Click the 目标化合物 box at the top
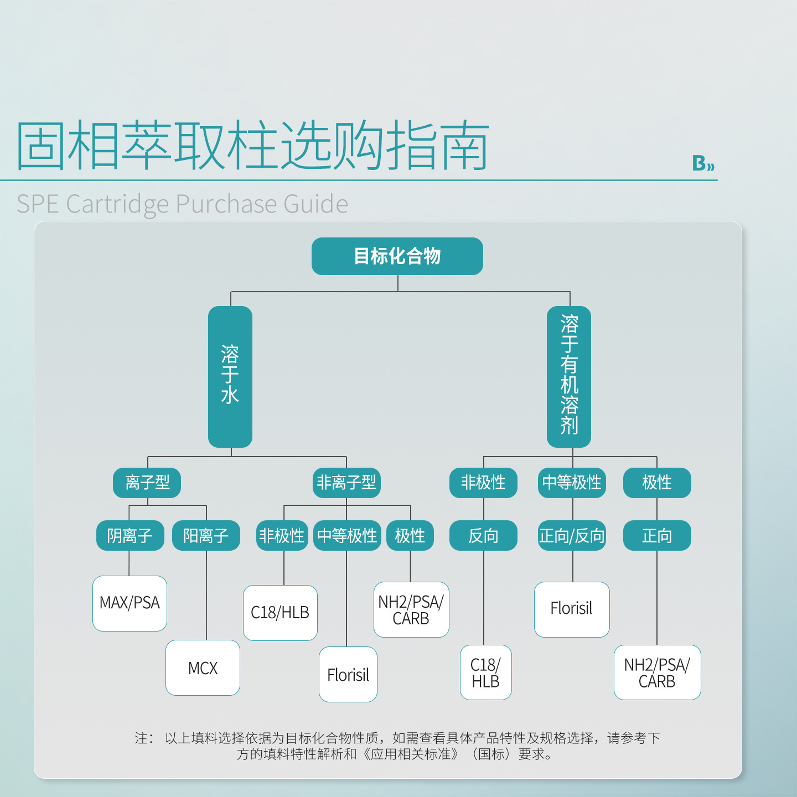click(x=397, y=256)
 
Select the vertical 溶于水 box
click(x=230, y=376)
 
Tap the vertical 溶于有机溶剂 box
click(x=569, y=376)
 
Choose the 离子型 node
click(x=147, y=483)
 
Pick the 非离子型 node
click(x=346, y=483)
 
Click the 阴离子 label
click(x=130, y=536)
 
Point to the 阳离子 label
click(x=206, y=536)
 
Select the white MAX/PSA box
click(x=130, y=603)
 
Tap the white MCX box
click(x=203, y=668)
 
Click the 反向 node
click(x=483, y=536)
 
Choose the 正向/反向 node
click(x=572, y=536)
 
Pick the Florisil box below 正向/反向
click(x=572, y=609)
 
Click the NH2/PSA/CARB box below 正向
click(x=657, y=672)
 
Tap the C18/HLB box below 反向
click(x=485, y=672)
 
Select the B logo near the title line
click(x=702, y=163)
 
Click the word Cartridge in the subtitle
click(x=117, y=204)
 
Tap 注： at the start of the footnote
click(x=144, y=738)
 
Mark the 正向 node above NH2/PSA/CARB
click(x=657, y=536)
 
